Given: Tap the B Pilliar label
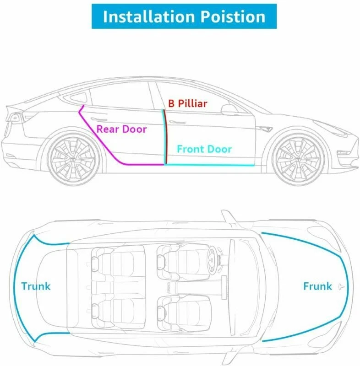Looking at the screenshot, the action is point(187,103).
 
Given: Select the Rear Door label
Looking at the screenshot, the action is point(121,129).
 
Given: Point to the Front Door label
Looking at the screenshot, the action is point(204,149).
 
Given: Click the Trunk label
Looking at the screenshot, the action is point(36,287).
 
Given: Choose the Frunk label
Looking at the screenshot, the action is point(317,286).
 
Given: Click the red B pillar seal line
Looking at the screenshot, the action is point(165,137).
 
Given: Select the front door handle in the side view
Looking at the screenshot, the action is point(175,122).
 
